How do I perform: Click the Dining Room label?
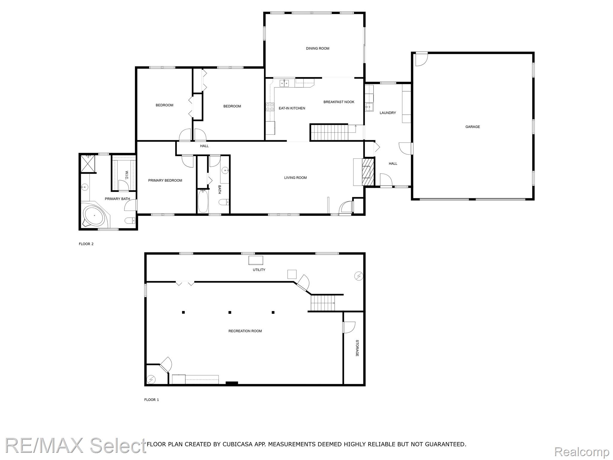point(317,49)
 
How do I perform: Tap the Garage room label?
point(472,127)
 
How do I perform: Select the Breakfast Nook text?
point(339,102)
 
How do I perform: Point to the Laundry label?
point(388,113)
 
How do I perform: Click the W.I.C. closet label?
point(126,175)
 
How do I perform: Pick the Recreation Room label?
point(245,331)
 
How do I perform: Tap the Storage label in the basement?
point(357,348)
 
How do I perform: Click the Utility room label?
point(259,270)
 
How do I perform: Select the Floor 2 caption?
point(86,244)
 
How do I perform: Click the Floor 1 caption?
point(151,400)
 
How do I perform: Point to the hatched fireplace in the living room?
point(368,172)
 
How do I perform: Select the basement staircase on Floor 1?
point(323,303)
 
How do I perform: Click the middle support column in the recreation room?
point(230,312)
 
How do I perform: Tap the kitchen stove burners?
point(270,107)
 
